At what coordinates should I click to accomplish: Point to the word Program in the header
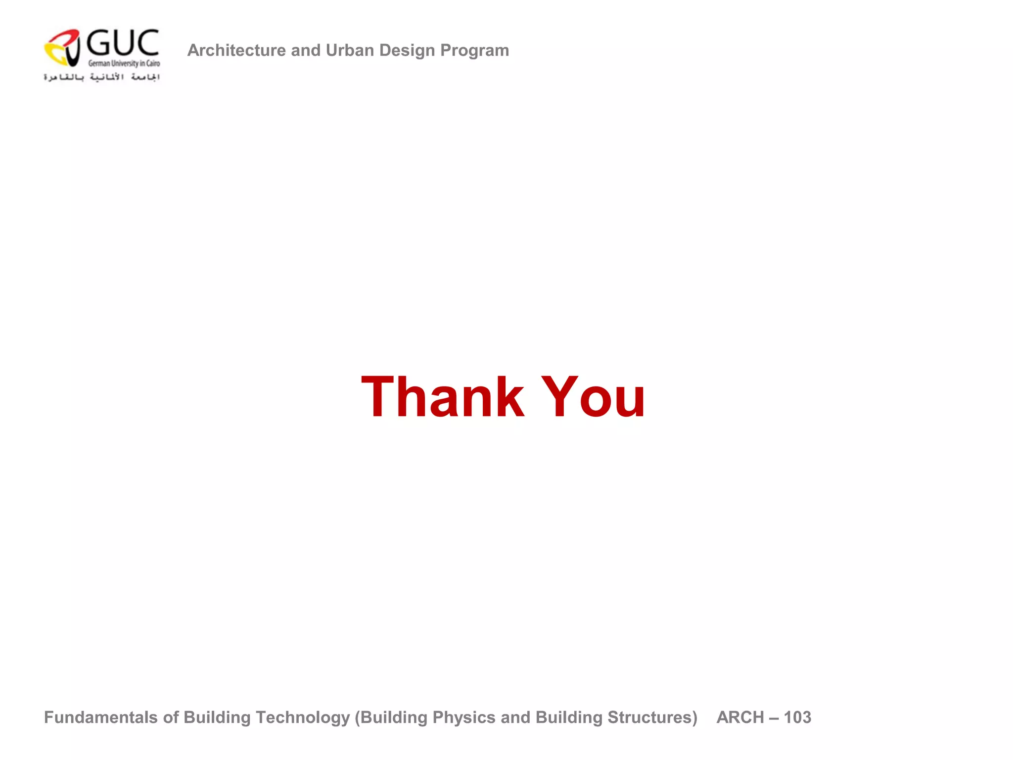[x=474, y=50]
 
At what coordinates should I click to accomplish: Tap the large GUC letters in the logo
[x=123, y=43]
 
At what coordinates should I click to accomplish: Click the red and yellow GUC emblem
[x=63, y=47]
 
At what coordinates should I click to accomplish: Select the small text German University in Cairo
[x=124, y=63]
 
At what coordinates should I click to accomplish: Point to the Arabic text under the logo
[x=102, y=77]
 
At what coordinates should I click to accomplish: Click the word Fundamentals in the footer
[x=101, y=717]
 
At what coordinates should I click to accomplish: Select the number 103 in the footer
[x=797, y=717]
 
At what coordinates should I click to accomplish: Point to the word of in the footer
[x=171, y=717]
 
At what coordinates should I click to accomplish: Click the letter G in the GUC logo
[x=98, y=43]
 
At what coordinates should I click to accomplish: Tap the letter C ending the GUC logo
[x=147, y=43]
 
